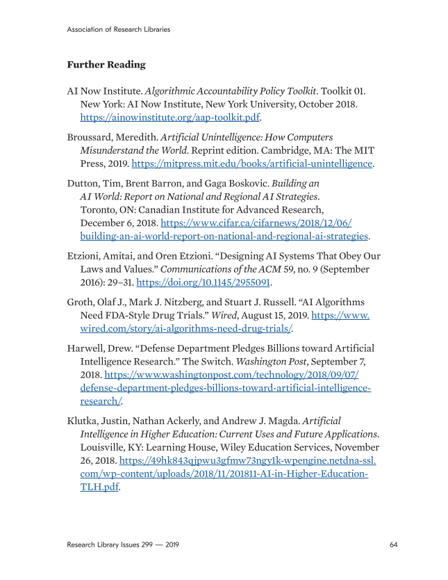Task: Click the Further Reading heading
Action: (x=106, y=65)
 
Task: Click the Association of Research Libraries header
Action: (x=119, y=29)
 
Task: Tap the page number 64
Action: (x=393, y=544)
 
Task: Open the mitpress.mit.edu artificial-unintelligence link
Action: (x=252, y=164)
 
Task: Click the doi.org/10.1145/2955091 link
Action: (x=203, y=282)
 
